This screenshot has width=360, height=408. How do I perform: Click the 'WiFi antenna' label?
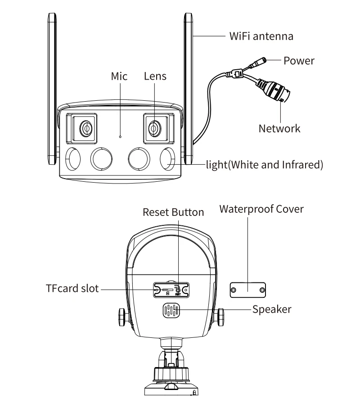261,36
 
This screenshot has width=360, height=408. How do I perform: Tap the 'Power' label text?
299,61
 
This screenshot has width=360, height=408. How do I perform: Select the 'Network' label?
279,128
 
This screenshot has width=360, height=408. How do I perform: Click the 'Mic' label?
119,76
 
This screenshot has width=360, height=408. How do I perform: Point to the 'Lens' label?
155,76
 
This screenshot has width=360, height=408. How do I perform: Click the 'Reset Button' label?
173,212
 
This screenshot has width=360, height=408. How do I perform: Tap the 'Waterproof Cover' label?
261,209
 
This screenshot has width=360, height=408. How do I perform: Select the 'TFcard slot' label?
72,288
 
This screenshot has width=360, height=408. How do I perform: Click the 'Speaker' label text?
272,309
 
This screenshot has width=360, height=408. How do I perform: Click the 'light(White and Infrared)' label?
265,165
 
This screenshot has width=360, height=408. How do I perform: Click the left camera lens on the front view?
85,128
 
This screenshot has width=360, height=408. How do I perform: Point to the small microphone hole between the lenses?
120,137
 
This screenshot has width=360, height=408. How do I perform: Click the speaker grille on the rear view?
171,310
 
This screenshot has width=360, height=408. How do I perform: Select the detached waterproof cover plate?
248,290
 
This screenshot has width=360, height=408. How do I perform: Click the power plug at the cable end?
258,63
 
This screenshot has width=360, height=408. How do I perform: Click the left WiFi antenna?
52,89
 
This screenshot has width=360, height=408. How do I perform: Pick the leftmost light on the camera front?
73,159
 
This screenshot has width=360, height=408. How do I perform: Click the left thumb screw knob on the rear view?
122,317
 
